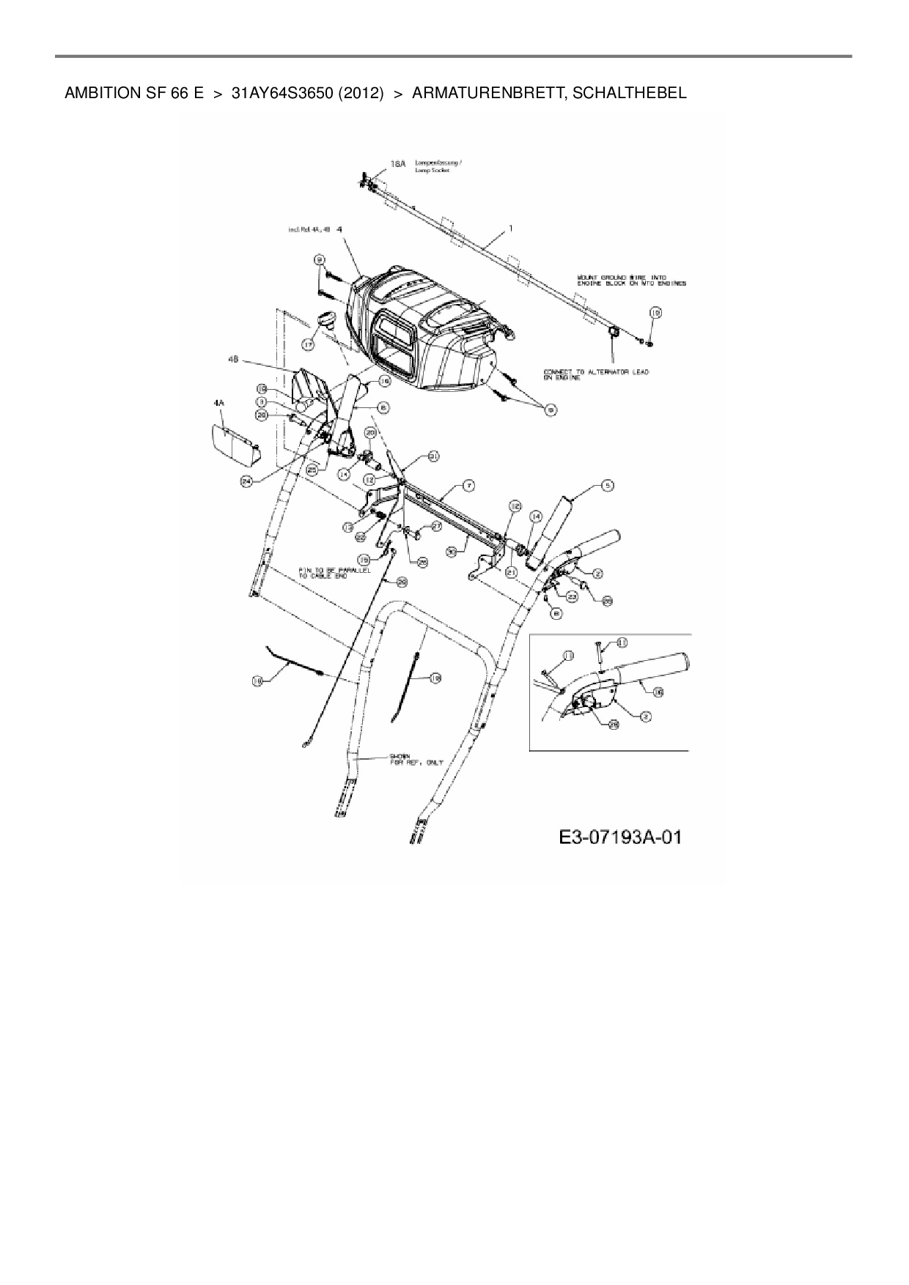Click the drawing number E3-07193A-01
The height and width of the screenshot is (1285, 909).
619,837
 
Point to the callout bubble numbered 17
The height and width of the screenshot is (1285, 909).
308,344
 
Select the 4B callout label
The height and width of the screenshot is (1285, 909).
233,360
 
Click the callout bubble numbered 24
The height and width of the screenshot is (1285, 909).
246,481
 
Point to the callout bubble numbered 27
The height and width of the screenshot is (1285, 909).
435,526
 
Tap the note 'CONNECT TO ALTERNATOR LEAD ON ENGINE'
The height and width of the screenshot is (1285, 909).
595,375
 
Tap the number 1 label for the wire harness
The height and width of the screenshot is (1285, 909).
511,229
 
